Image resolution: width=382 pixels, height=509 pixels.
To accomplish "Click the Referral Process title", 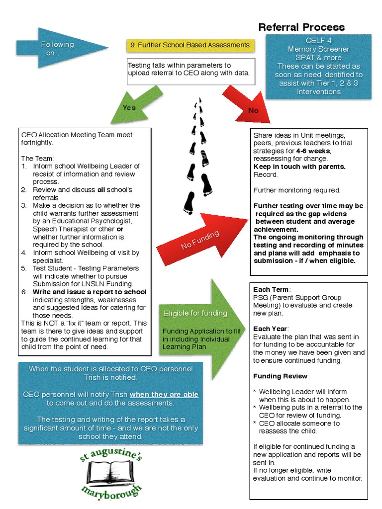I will click(301, 27).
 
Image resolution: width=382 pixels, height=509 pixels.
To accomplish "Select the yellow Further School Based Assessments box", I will click(190, 45).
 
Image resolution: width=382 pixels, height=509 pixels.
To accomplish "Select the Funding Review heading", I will click(280, 376).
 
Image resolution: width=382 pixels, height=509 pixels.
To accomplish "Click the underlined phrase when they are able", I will click(164, 394).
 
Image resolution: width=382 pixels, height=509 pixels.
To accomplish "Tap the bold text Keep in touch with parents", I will click(299, 167).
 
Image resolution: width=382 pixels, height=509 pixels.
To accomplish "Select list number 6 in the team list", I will click(24, 292).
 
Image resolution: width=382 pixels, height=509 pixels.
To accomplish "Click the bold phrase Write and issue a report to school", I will click(90, 292).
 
